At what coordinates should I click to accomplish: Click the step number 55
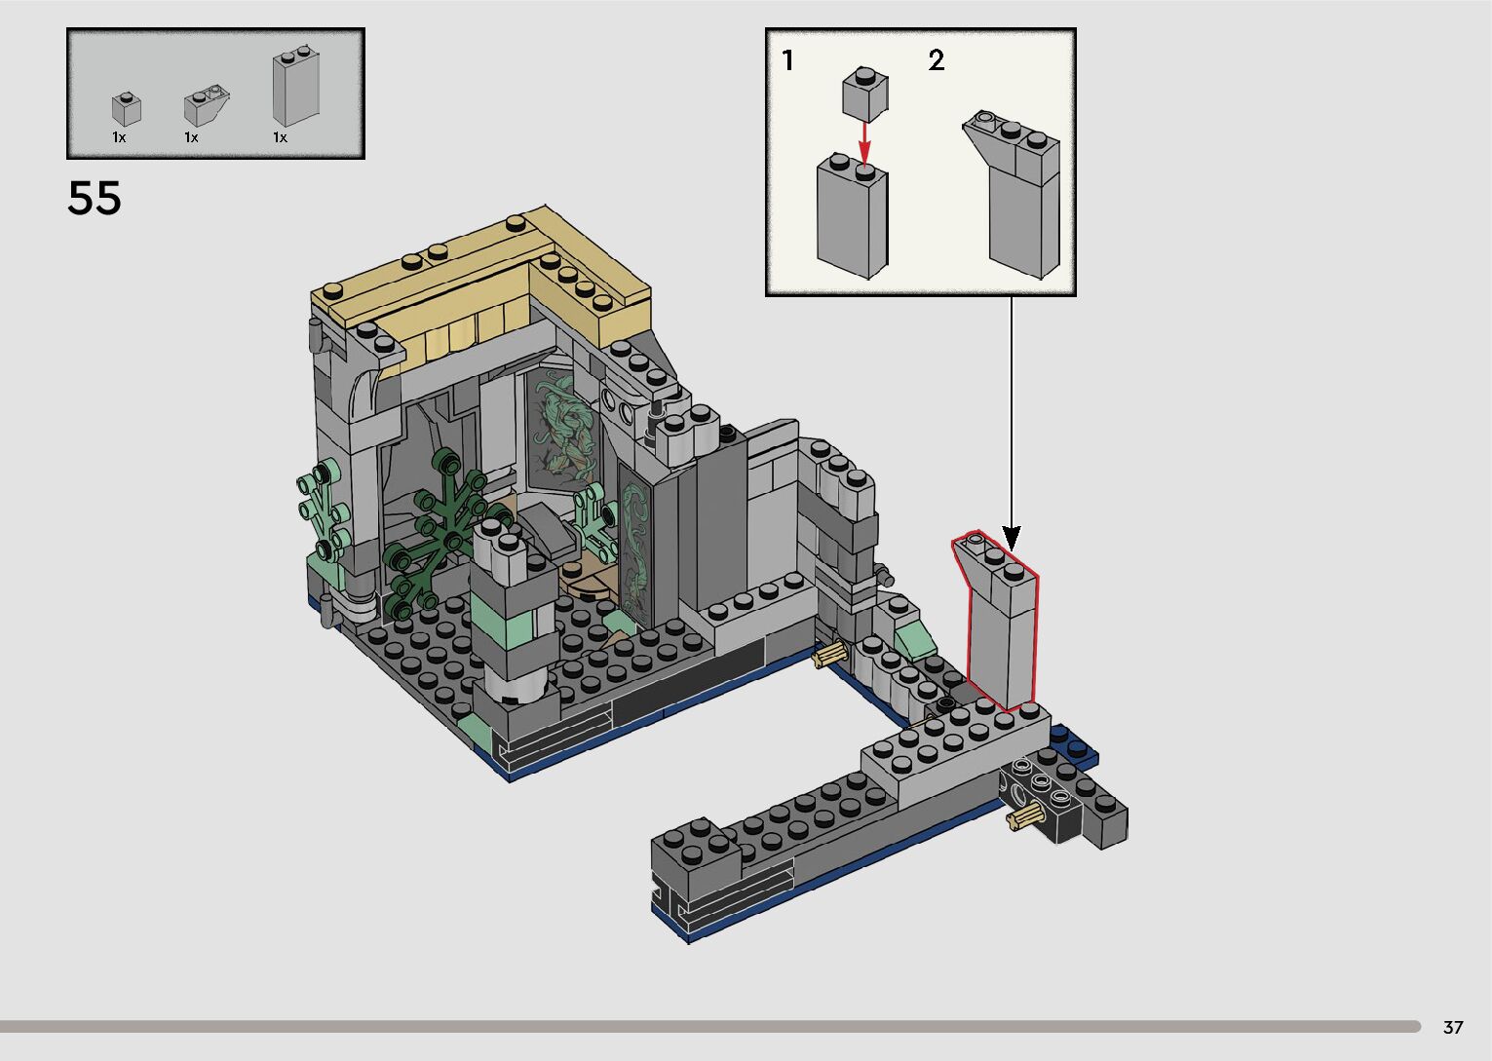coord(95,198)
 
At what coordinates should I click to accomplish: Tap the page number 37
coord(1453,1027)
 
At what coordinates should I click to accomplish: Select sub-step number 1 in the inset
coord(787,61)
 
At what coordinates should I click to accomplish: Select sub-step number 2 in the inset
coord(937,61)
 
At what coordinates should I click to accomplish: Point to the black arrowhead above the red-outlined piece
coord(1012,538)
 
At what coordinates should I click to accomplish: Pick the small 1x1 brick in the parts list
coord(126,109)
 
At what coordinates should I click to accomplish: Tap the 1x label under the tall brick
coord(280,138)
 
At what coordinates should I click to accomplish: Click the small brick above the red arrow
coord(864,94)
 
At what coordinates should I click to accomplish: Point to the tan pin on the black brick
coord(1023,816)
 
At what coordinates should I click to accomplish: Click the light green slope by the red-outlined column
coord(913,638)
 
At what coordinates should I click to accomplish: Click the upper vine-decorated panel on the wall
coord(563,429)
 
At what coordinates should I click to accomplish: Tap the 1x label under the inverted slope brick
coord(191,138)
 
